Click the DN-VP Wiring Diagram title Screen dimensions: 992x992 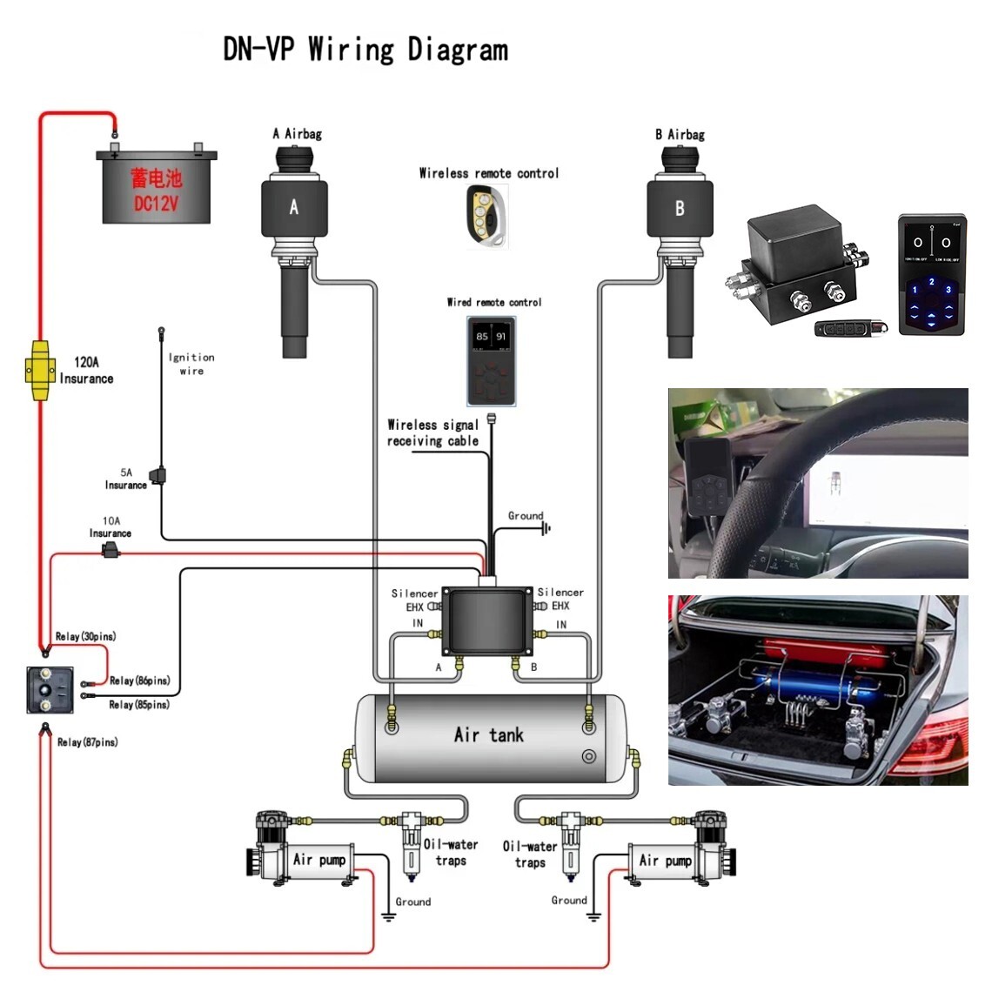(365, 49)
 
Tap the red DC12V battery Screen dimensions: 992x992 (157, 188)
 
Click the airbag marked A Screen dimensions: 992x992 (294, 209)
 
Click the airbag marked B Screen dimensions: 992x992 (680, 209)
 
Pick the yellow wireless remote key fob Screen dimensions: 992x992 (486, 216)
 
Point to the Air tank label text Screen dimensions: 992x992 (488, 735)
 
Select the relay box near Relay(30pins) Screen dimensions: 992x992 (50, 690)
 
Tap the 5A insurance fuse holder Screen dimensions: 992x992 (158, 475)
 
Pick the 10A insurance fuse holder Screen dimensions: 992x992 (111, 550)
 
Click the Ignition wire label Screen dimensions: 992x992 (191, 364)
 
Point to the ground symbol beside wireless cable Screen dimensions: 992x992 (546, 528)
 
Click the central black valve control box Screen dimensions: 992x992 (487, 620)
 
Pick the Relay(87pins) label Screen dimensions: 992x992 (87, 742)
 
